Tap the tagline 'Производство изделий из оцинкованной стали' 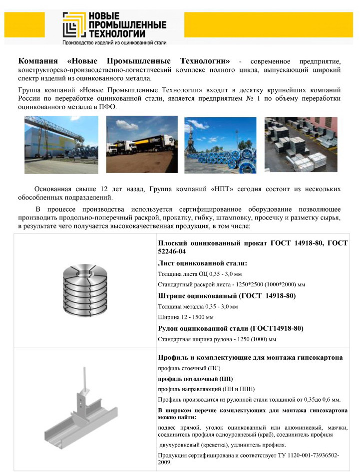tap(114, 43)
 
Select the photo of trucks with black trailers tap(142, 144)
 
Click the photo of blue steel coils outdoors tap(220, 145)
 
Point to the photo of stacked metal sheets tap(301, 144)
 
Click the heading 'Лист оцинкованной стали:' tap(203, 263)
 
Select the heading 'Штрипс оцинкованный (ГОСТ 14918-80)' tap(227, 295)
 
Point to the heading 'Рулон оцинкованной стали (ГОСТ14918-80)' tap(231, 328)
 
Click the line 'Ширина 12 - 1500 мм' tap(186, 317)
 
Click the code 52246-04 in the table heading tap(172, 251)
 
